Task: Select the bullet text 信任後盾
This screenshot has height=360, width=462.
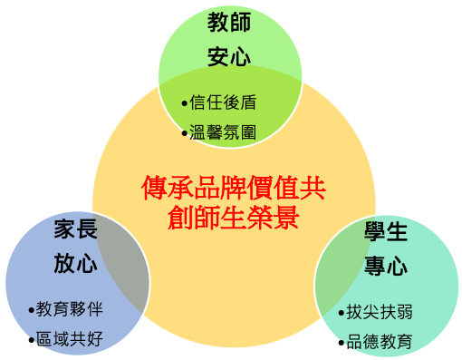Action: pyautogui.click(x=222, y=102)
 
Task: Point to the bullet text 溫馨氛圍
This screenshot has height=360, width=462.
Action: pyautogui.click(x=222, y=132)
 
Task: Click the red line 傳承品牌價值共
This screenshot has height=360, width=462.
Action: pyautogui.click(x=233, y=188)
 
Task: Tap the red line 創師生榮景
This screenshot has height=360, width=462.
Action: pyautogui.click(x=233, y=218)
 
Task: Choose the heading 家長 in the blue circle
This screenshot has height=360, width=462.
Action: pyautogui.click(x=75, y=229)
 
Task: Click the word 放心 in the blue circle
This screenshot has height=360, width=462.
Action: pyautogui.click(x=75, y=264)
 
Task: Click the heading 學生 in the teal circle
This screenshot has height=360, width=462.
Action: pyautogui.click(x=387, y=231)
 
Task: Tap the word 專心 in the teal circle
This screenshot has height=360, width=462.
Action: pyautogui.click(x=387, y=267)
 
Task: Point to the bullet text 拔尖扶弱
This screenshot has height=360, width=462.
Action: pyautogui.click(x=380, y=312)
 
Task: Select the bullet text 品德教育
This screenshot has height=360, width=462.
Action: pyautogui.click(x=380, y=342)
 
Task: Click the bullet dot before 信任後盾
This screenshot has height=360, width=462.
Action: pyautogui.click(x=185, y=103)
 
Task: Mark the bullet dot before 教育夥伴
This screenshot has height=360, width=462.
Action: pyautogui.click(x=31, y=310)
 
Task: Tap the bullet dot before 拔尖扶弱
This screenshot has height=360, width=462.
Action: pyautogui.click(x=342, y=313)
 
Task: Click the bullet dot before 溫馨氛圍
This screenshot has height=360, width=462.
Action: pyautogui.click(x=185, y=133)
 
